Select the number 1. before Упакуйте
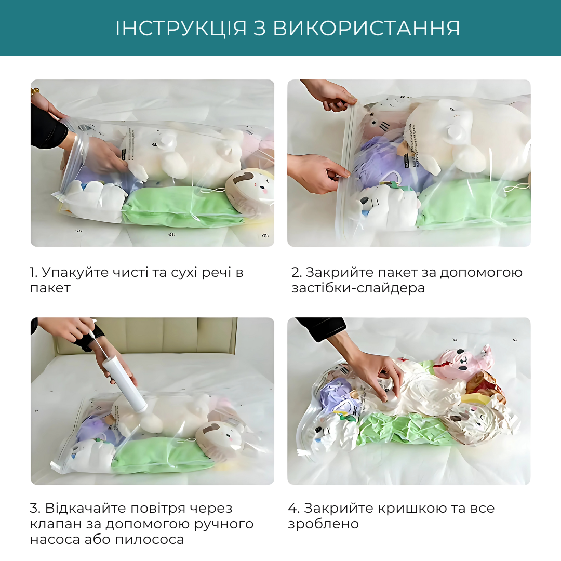pyautogui.click(x=34, y=273)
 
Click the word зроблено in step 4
pyautogui.click(x=323, y=524)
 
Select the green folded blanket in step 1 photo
pyautogui.click(x=177, y=208)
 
